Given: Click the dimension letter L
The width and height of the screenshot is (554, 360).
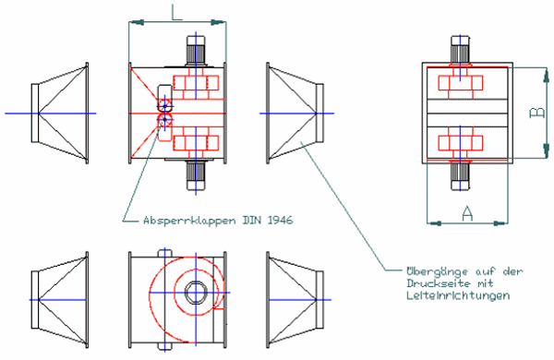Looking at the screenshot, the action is [176, 13].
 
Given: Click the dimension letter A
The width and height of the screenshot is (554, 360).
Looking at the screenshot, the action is [467, 214].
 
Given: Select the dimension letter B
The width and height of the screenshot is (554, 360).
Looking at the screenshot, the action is [537, 113].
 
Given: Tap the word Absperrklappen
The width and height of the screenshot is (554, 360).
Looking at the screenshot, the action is [189, 221].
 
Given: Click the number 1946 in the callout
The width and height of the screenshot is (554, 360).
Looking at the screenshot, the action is [280, 220].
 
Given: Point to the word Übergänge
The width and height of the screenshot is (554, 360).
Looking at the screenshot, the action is [437, 271].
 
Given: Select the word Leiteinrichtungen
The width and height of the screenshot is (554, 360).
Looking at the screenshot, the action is [458, 295].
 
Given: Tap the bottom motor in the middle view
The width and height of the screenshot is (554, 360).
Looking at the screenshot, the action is [196, 175].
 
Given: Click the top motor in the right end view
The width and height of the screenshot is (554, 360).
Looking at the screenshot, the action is [460, 50].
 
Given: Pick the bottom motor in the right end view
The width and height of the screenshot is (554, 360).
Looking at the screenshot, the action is [460, 176].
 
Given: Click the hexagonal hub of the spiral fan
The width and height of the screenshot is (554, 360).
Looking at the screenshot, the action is [195, 293].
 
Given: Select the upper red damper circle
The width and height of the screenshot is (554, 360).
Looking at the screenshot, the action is [164, 105].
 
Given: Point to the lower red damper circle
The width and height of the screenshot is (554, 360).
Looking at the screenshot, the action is [164, 121].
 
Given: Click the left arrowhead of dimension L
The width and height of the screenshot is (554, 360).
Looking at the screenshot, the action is [137, 22].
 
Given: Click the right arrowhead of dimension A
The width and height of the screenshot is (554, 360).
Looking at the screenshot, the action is [500, 223].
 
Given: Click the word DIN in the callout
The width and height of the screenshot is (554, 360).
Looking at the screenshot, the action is [252, 220].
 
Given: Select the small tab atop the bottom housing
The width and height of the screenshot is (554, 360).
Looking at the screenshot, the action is [164, 253].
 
